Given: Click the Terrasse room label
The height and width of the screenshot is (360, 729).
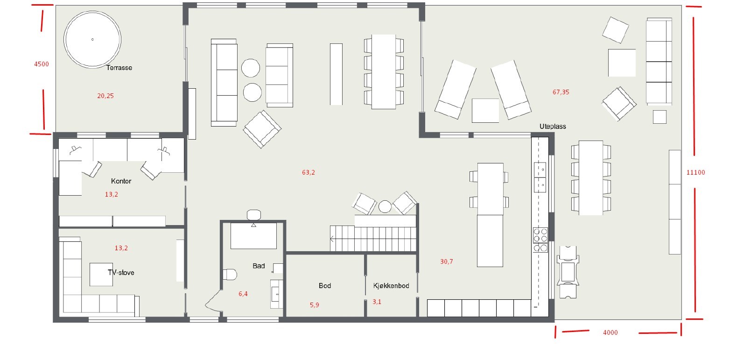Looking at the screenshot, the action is (x=119, y=68).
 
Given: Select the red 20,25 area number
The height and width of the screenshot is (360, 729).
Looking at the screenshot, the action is (x=105, y=96).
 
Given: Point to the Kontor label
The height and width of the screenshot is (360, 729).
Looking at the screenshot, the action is (x=121, y=181).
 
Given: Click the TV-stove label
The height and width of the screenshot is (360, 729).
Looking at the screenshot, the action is (x=121, y=272).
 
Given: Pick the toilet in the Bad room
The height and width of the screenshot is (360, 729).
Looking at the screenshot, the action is (x=230, y=275).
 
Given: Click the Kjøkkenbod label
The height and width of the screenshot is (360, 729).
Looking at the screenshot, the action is (x=391, y=286).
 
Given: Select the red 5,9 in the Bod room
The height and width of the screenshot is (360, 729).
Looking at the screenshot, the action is (x=315, y=305).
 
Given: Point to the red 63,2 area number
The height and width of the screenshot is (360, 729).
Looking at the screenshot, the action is (x=308, y=172).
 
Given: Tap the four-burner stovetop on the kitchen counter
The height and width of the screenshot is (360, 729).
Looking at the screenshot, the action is (x=540, y=235).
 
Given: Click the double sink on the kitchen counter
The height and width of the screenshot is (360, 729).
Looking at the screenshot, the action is (x=540, y=177).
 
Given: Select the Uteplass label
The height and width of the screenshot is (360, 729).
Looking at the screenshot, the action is (x=553, y=126).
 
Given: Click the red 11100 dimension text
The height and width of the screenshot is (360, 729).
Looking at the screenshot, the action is (x=695, y=172).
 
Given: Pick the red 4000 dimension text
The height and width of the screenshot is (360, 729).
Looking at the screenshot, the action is (x=610, y=332).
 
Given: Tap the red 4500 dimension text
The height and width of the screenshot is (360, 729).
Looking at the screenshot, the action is (x=42, y=64).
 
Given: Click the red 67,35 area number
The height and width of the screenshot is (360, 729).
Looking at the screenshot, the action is (x=561, y=92).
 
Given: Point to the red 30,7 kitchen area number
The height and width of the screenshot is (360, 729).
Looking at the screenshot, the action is (x=447, y=261).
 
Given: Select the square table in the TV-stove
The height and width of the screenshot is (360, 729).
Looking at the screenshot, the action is (x=101, y=275).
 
